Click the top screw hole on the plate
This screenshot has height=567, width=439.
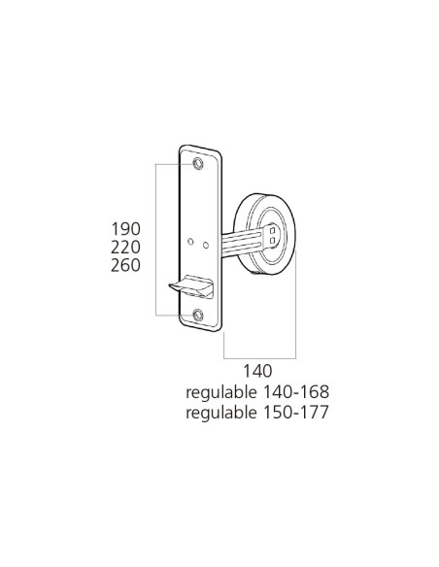[199, 162]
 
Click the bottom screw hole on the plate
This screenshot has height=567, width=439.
[199, 313]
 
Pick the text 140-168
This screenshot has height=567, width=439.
[296, 392]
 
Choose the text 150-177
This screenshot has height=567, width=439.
[296, 413]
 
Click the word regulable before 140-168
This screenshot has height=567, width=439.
[221, 392]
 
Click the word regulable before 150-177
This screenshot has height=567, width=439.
[221, 413]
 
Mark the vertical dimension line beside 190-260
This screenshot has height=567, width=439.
[158, 238]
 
